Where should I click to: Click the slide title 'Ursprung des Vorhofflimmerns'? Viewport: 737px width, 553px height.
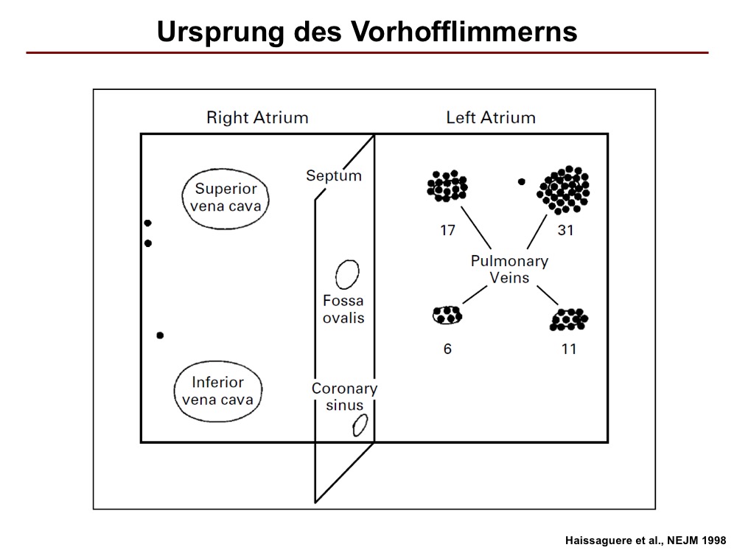[366, 32]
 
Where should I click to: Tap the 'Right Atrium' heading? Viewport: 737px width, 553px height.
[257, 117]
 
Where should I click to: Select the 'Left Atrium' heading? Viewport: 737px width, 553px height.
[491, 117]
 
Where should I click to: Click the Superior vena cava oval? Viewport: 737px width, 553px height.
[182, 199]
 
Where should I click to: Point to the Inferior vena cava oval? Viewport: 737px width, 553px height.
[175, 392]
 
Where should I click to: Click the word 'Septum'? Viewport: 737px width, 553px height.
[334, 175]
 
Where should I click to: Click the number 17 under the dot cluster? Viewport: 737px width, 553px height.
[447, 230]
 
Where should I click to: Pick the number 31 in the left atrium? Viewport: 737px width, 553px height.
[565, 230]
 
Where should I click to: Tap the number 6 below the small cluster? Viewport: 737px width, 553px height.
[447, 349]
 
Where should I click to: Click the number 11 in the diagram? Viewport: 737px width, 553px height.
[569, 349]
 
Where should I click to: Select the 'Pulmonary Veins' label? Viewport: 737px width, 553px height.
[509, 269]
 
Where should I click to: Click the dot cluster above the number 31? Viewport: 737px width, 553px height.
[563, 190]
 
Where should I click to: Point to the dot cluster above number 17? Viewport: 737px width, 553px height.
[447, 187]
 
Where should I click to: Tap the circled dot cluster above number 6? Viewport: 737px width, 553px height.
[447, 315]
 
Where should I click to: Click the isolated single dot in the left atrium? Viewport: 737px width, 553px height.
[521, 181]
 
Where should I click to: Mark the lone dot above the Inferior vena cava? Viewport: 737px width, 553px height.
[160, 335]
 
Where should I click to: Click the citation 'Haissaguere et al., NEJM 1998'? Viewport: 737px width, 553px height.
[646, 540]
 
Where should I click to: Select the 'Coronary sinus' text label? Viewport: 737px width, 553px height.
[344, 397]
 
